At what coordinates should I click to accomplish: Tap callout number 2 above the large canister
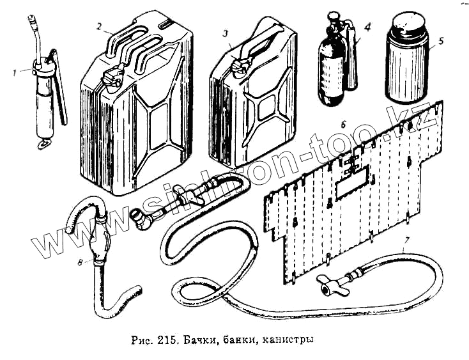(100, 27)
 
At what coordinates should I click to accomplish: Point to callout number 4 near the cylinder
(367, 27)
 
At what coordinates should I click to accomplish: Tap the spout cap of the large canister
(114, 77)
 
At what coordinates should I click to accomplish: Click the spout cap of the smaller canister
(240, 65)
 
